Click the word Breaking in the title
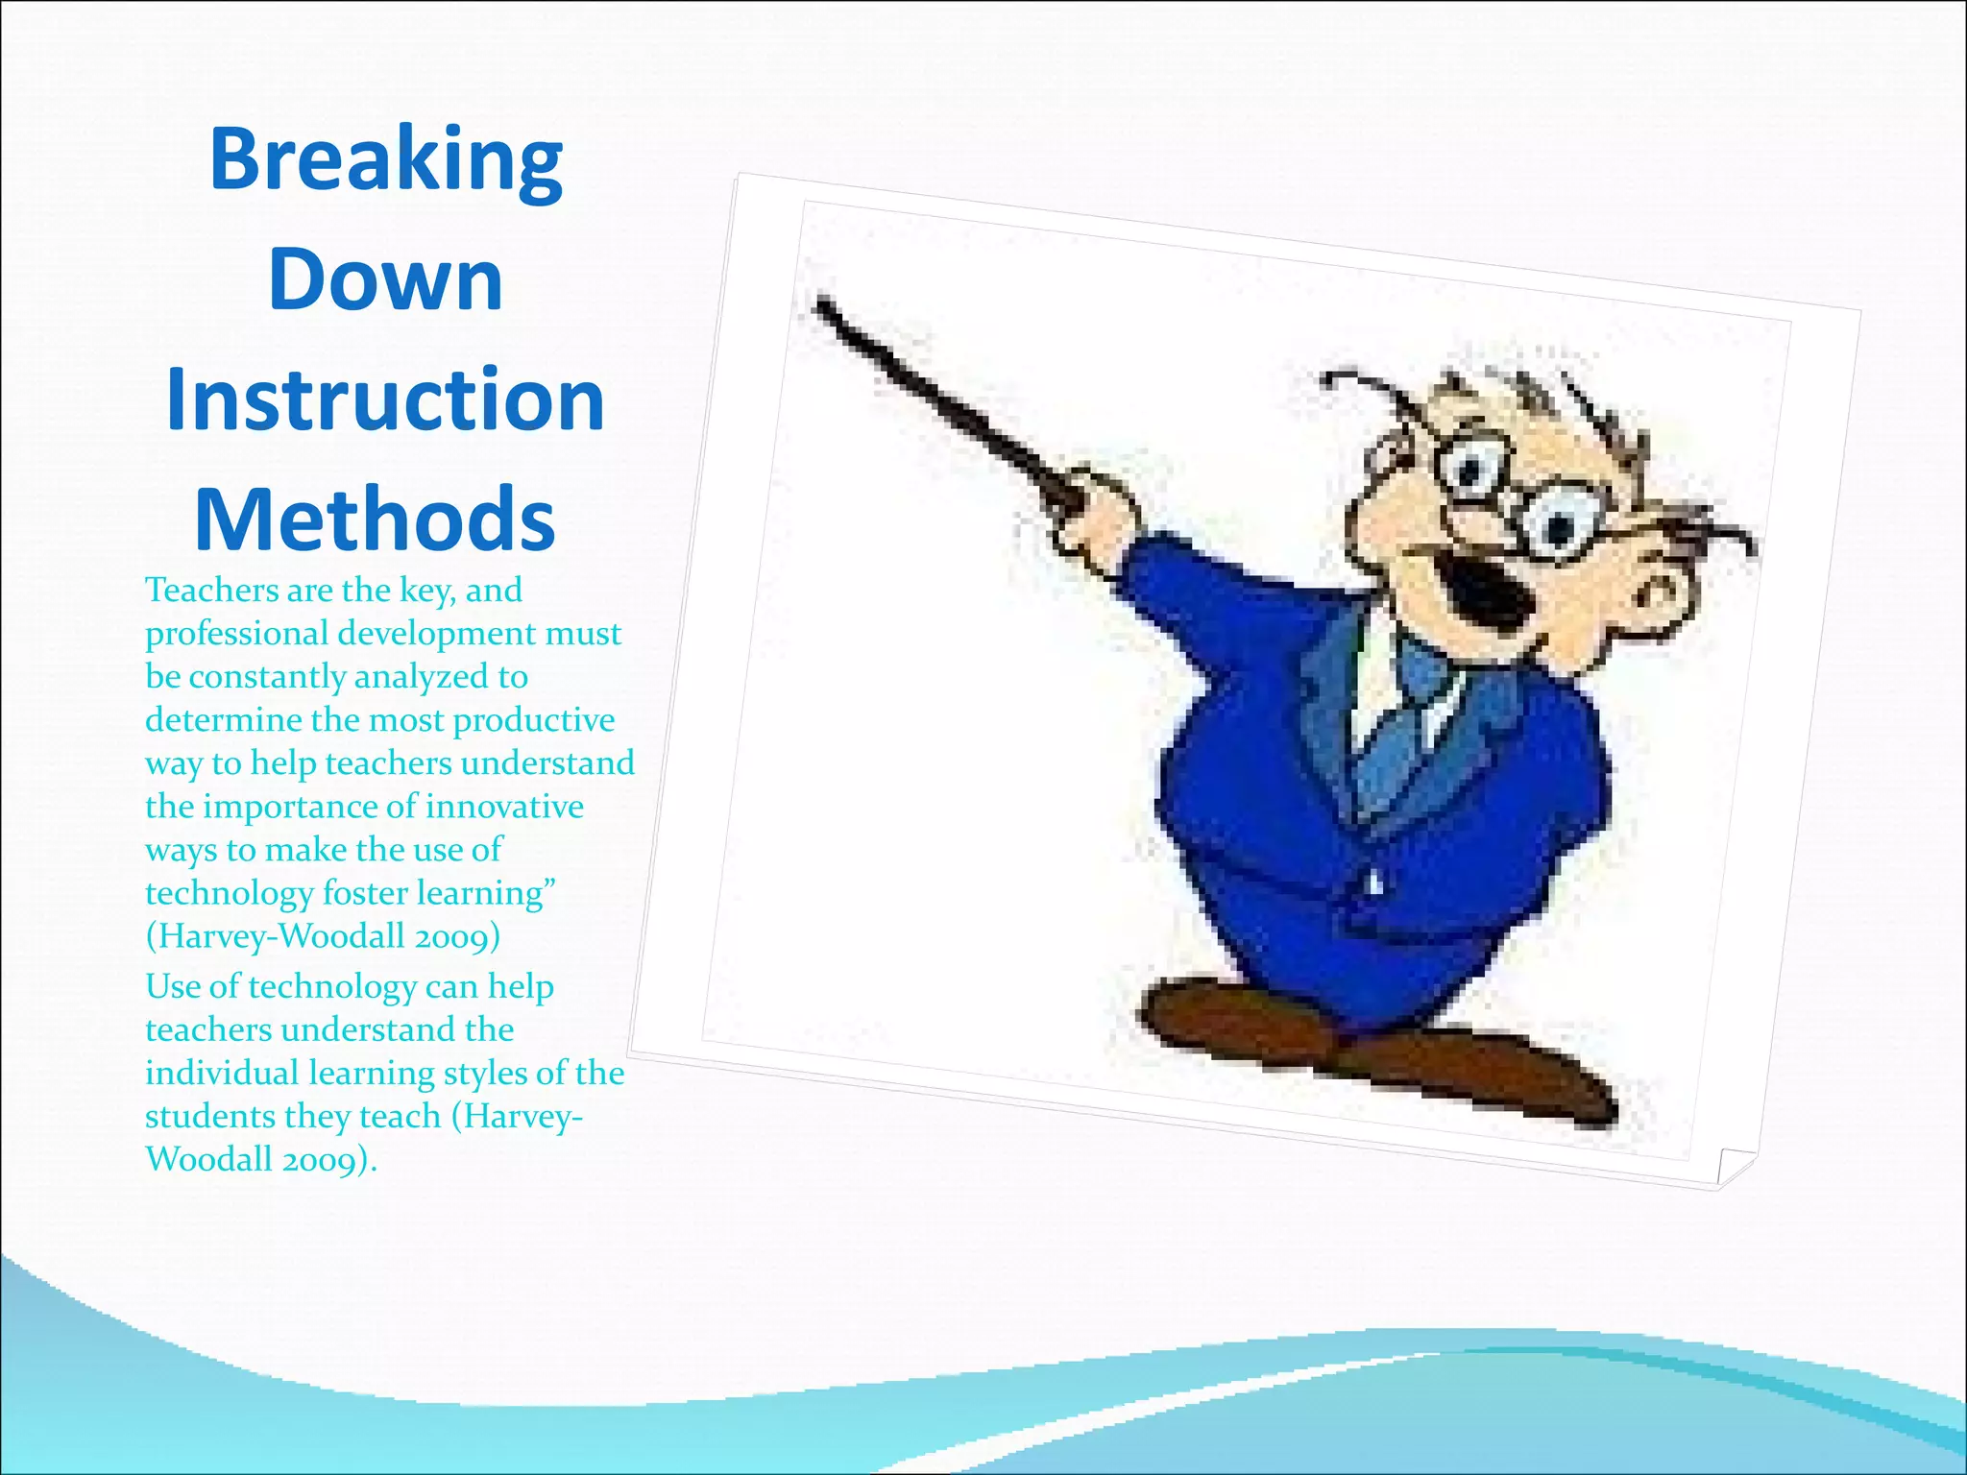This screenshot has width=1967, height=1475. [x=385, y=159]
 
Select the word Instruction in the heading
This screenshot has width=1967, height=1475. [x=385, y=399]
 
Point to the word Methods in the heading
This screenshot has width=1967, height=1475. [x=375, y=520]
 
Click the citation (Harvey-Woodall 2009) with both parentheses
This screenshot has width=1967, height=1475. [x=323, y=936]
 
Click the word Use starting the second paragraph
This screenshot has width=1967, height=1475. [x=173, y=986]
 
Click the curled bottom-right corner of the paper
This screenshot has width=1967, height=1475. [x=1734, y=1167]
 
